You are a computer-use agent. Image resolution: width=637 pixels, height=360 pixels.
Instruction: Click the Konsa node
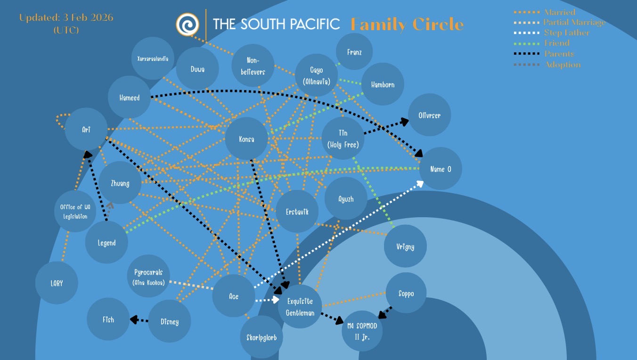(x=246, y=139)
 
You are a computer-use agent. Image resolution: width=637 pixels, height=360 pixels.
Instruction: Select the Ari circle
(x=86, y=130)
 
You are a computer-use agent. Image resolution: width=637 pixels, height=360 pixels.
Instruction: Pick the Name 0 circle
(x=441, y=169)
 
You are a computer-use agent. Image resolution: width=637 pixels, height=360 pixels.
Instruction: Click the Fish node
(x=108, y=319)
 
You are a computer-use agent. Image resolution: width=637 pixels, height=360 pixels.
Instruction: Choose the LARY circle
(x=56, y=283)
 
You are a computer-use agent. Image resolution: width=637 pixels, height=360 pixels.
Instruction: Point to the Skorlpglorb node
(x=261, y=337)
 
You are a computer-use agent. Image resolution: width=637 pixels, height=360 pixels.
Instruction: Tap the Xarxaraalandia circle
(x=153, y=59)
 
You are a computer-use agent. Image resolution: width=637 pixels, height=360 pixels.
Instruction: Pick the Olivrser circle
(x=429, y=115)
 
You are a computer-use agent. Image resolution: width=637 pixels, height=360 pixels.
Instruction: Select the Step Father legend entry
(x=566, y=33)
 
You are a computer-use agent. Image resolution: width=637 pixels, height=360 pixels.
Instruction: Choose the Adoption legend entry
(x=562, y=65)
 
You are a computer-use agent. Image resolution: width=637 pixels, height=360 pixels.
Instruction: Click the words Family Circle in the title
(x=407, y=24)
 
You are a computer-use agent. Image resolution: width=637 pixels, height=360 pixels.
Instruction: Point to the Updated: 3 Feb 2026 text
(x=66, y=18)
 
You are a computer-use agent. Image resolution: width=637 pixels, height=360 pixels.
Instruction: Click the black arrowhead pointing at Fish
(x=133, y=319)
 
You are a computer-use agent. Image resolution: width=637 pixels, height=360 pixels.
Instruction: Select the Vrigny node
(x=405, y=246)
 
